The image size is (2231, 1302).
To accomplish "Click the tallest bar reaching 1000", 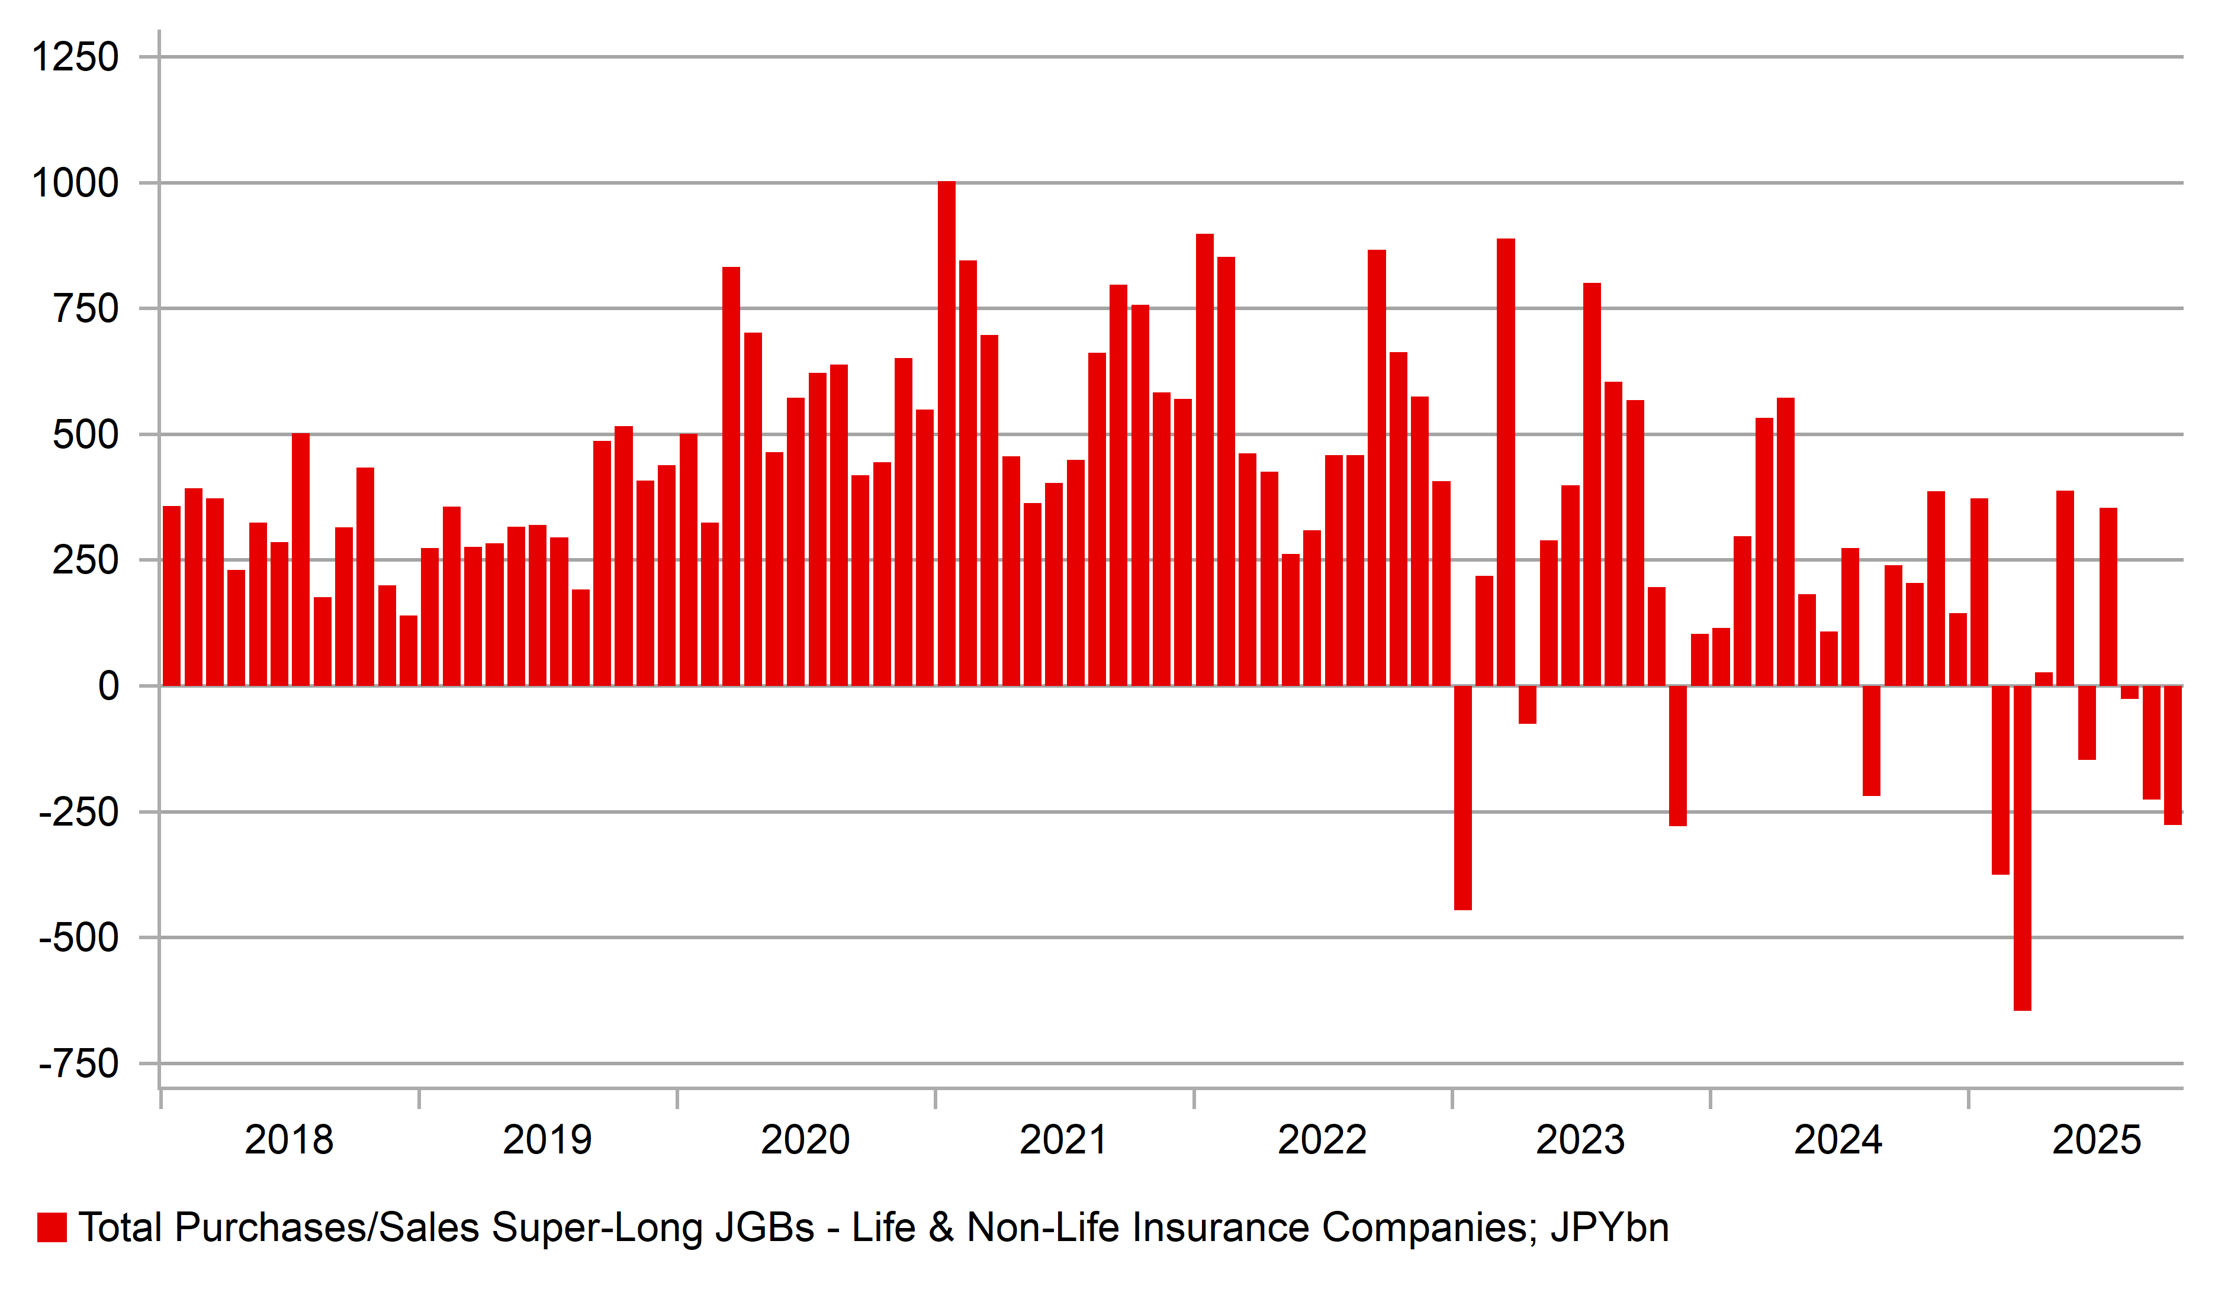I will pos(946,434).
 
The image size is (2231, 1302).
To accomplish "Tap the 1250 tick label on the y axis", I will pos(75,57).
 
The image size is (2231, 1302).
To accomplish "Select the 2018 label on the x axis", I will pos(288,1140).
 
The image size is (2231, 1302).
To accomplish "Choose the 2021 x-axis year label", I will pos(1063,1140).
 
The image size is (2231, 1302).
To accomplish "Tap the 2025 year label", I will pos(2095,1140).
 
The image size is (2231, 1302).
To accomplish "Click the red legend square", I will pos(52,1227).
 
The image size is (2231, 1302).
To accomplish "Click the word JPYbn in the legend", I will pos(1609,1227).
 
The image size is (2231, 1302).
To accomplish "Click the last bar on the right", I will pos(2172,755).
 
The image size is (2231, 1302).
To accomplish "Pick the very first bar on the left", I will pos(172,596).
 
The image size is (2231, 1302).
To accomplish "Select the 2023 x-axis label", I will pos(1580,1140).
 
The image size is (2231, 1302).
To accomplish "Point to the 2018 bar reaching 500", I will pos(301,559).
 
